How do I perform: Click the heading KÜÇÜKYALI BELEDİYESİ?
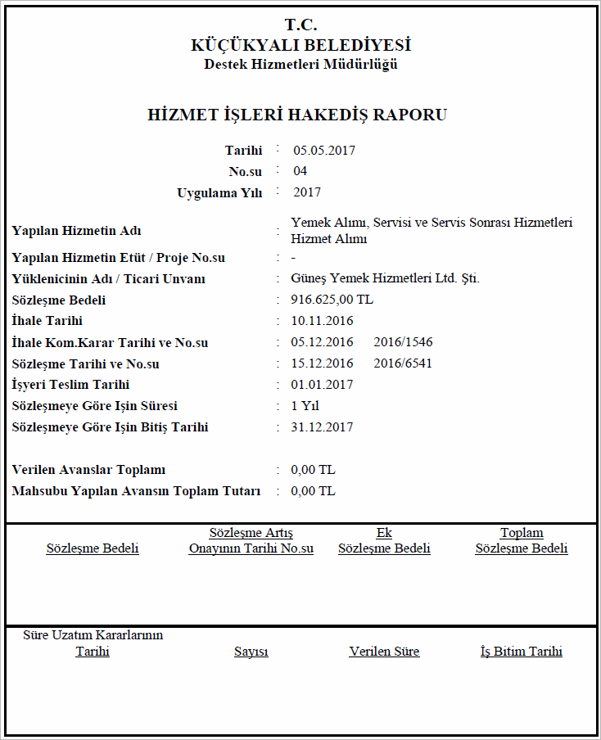click(x=300, y=45)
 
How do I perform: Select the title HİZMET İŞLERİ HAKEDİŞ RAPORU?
click(x=297, y=115)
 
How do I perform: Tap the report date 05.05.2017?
click(x=324, y=150)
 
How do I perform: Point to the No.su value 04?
click(x=300, y=171)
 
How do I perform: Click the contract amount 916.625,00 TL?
click(x=332, y=300)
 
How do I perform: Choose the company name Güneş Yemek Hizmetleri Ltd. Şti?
click(x=385, y=278)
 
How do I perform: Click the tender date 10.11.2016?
click(x=322, y=321)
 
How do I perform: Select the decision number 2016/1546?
click(x=402, y=342)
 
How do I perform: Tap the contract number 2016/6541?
click(x=402, y=363)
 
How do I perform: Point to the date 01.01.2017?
click(x=322, y=385)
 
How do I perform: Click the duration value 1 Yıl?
click(x=305, y=406)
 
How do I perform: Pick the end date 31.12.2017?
click(x=322, y=427)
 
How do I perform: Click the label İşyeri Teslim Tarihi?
click(x=71, y=385)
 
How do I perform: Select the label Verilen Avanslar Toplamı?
click(x=89, y=470)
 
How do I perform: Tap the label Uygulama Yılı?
click(x=219, y=193)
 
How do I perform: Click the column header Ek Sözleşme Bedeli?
click(x=384, y=541)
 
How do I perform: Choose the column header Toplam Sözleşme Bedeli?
click(x=522, y=541)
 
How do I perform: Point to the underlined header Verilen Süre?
click(x=384, y=652)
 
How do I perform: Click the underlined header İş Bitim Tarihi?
click(x=522, y=652)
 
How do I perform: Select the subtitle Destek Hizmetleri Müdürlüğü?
click(x=300, y=65)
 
